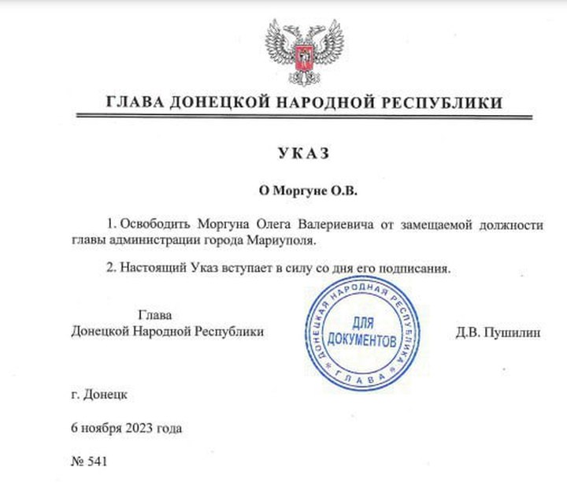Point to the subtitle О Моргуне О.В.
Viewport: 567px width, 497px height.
[303, 190]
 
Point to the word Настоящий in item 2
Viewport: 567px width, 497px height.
[153, 269]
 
